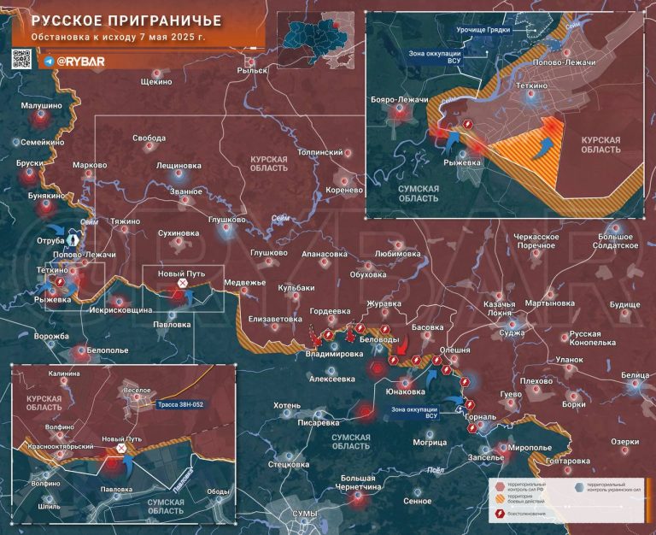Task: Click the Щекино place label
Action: pyautogui.click(x=155, y=82)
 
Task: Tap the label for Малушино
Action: pyautogui.click(x=42, y=105)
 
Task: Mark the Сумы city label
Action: pyautogui.click(x=304, y=513)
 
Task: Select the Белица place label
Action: pyautogui.click(x=635, y=374)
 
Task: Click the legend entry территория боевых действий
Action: pyautogui.click(x=529, y=497)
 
